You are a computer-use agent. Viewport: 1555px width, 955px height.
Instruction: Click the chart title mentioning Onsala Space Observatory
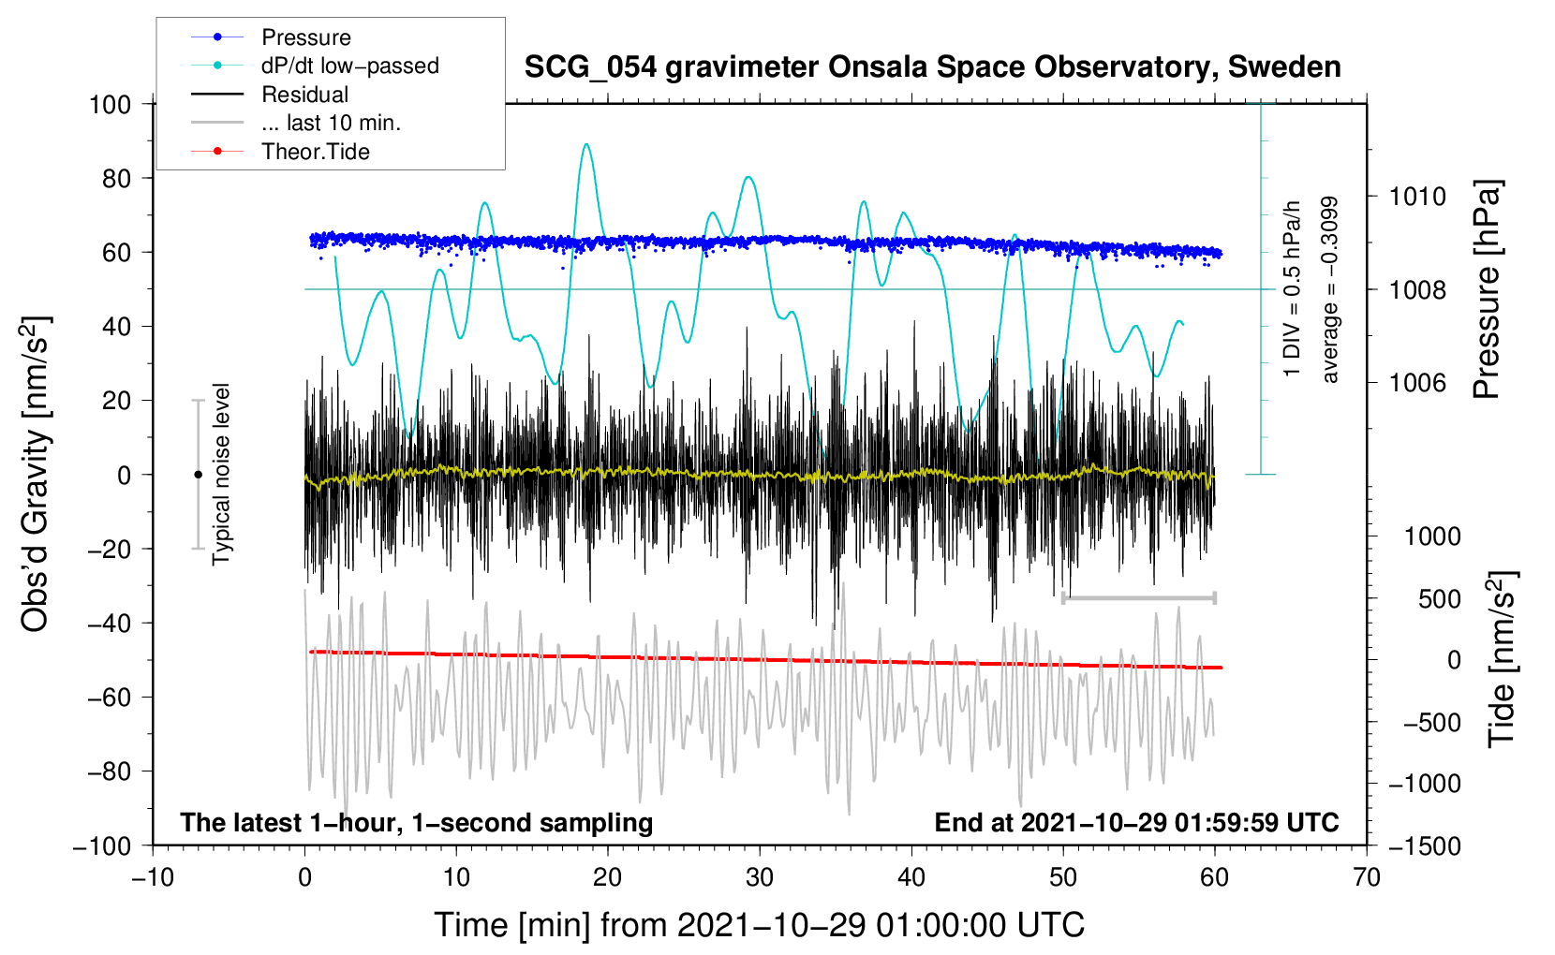(x=932, y=67)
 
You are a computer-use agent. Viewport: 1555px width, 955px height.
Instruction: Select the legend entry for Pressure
(x=305, y=37)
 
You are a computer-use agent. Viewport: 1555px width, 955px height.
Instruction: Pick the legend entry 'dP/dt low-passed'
(x=349, y=66)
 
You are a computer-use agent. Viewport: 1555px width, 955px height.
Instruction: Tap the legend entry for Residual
(x=304, y=95)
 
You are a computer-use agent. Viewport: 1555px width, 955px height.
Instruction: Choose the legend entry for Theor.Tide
(x=315, y=152)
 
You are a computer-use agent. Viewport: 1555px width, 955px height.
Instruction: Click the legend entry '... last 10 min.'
(x=331, y=123)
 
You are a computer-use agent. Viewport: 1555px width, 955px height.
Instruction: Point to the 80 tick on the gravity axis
(x=116, y=178)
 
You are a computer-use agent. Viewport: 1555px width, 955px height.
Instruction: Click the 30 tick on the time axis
(x=760, y=877)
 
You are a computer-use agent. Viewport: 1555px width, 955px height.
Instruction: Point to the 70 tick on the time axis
(x=1367, y=877)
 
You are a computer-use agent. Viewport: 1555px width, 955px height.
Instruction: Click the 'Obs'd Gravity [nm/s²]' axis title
(x=35, y=474)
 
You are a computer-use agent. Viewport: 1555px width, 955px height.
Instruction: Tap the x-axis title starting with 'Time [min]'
(x=759, y=925)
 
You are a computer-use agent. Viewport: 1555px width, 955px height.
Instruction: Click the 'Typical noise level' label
(x=221, y=474)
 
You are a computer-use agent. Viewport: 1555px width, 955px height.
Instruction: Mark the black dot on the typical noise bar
(x=198, y=475)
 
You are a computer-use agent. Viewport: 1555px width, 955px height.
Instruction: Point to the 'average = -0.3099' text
(x=1329, y=290)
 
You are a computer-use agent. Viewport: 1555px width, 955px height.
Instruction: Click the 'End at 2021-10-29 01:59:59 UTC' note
(x=1136, y=822)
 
